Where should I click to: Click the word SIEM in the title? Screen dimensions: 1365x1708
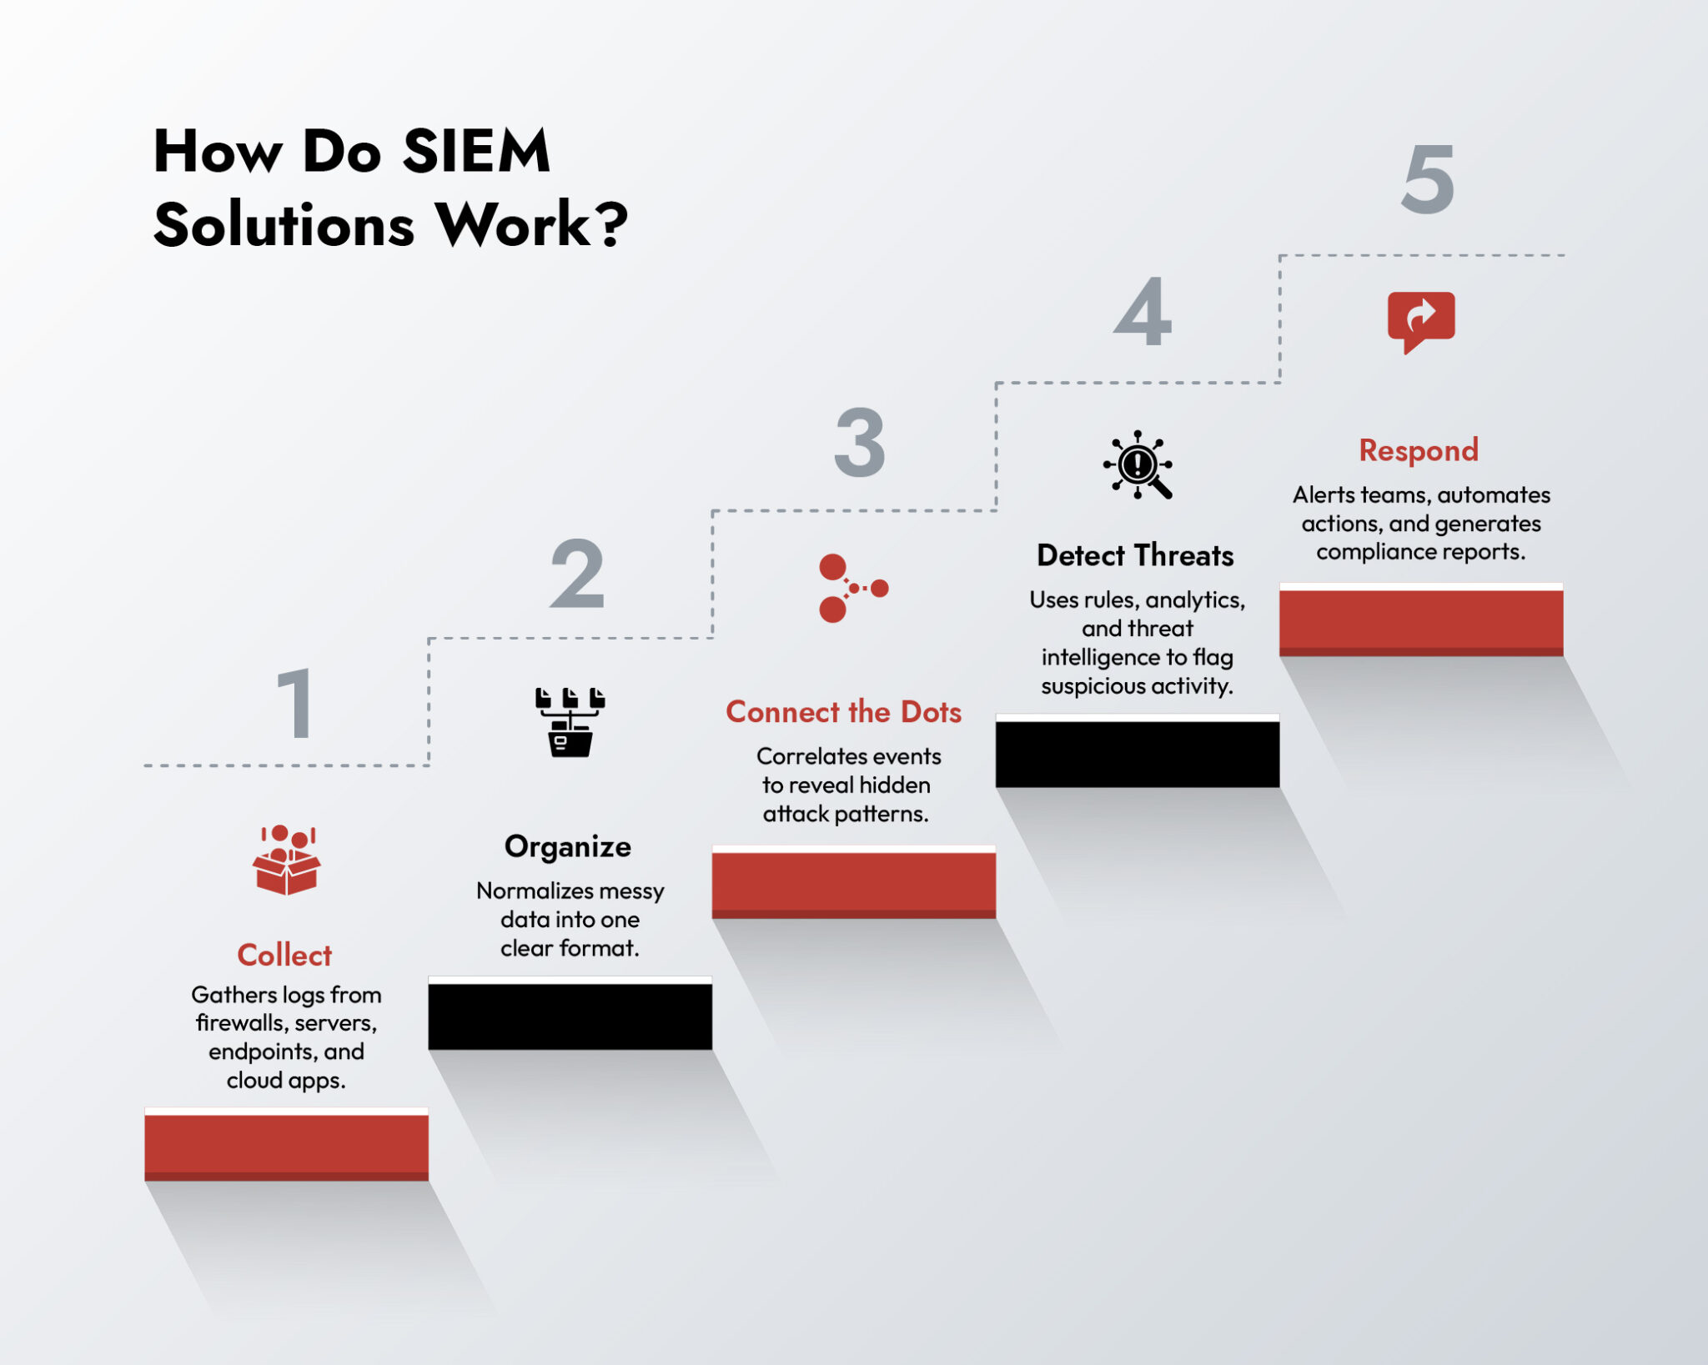[x=476, y=152]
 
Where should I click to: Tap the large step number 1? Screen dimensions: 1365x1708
[x=295, y=704]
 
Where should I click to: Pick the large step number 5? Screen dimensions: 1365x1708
[x=1428, y=179]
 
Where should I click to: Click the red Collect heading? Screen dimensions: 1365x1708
[x=284, y=955]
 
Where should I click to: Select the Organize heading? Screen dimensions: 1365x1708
[x=568, y=846]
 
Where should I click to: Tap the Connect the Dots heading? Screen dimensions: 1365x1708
[x=843, y=712]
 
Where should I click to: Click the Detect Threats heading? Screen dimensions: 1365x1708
[x=1135, y=555]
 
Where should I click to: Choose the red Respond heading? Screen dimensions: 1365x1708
[x=1419, y=450]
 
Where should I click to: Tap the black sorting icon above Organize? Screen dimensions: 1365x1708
[x=570, y=722]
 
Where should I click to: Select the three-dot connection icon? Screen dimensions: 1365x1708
[x=851, y=588]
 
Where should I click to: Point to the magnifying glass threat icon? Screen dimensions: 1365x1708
[x=1138, y=465]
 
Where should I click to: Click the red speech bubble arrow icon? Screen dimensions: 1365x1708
[x=1421, y=321]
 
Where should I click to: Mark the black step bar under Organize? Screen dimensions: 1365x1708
[x=570, y=1016]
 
